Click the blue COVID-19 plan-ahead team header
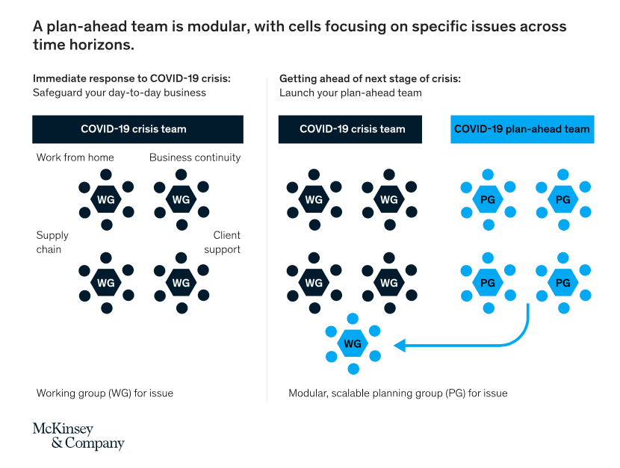click(522, 129)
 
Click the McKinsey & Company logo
click(78, 436)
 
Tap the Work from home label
click(75, 157)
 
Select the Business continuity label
click(195, 157)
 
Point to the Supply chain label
click(52, 242)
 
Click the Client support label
click(222, 242)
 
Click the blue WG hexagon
click(353, 343)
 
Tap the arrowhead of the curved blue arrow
click(400, 346)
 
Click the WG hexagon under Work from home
click(106, 199)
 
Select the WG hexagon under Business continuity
click(181, 199)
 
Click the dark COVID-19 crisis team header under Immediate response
click(137, 129)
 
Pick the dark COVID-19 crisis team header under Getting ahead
click(350, 129)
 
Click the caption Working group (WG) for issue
click(105, 393)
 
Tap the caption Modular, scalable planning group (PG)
click(398, 393)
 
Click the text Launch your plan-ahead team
click(350, 93)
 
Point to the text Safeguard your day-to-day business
click(120, 93)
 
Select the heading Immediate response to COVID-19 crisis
click(131, 78)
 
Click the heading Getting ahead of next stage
click(370, 78)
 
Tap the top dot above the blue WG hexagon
click(353, 318)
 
